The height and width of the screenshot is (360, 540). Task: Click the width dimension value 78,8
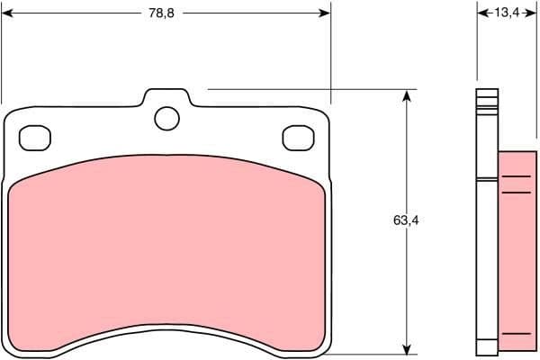point(162,13)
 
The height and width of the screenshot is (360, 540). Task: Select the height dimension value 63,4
point(406,220)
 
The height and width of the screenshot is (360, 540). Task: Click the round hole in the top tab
point(166,117)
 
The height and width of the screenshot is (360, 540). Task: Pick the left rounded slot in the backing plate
point(35,137)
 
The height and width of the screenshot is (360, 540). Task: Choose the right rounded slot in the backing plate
point(296,137)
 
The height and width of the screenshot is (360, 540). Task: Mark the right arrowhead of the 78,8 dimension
point(325,13)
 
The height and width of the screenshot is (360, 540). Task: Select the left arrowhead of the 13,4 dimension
point(481,13)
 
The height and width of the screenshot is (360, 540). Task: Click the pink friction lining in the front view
point(166,243)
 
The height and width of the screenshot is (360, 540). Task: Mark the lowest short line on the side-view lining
point(516,334)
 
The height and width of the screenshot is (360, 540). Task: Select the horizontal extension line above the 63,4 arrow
point(306,89)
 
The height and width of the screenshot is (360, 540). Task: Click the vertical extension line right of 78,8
point(330,54)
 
